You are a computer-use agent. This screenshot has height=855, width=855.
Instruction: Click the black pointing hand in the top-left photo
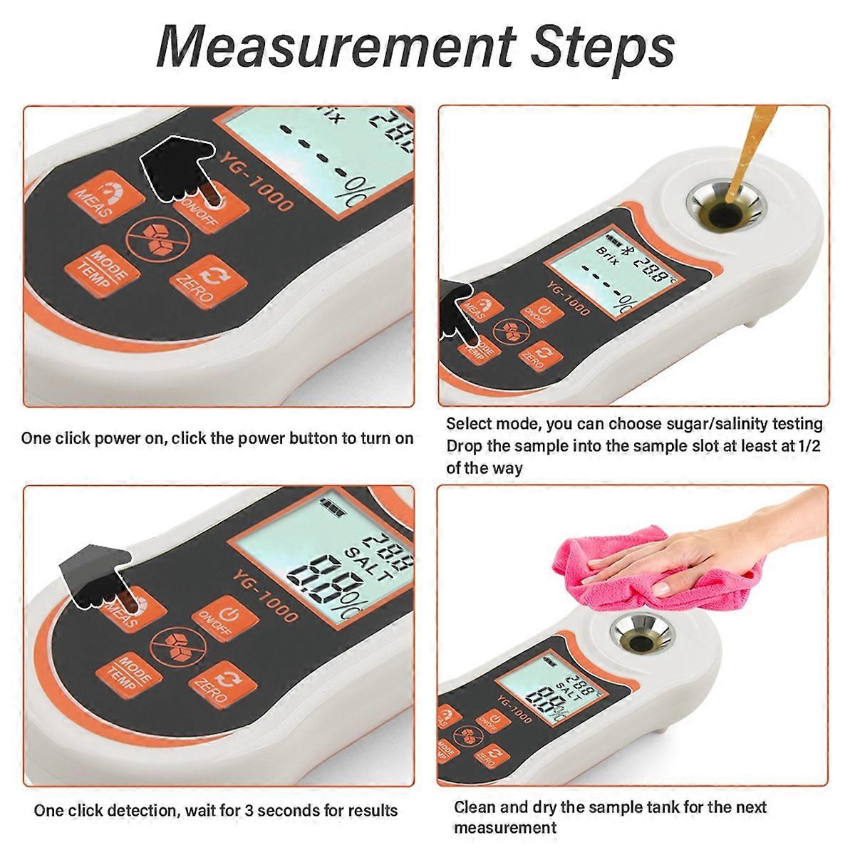click(175, 160)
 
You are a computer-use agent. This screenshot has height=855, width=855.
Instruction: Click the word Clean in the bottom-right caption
click(477, 807)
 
